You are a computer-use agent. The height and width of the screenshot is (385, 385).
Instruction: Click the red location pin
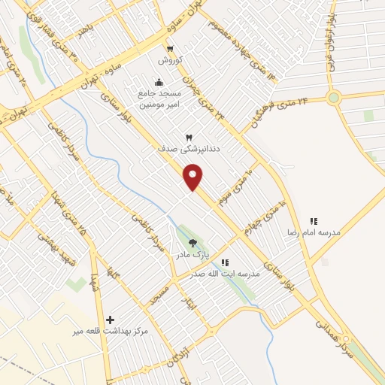[x=193, y=176]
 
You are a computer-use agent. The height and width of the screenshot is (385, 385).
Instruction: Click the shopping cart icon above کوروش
[x=173, y=44]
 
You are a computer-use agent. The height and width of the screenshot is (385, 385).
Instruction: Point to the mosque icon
[x=158, y=82]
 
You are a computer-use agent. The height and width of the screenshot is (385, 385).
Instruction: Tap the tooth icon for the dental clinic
[x=189, y=136]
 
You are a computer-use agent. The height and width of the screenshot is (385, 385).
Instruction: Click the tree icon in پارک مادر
[x=193, y=243]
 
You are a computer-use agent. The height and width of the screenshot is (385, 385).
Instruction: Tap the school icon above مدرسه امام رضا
[x=314, y=221]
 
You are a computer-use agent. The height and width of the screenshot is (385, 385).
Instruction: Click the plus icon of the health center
[x=111, y=320]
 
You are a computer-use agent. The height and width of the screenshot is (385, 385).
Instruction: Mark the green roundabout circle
[x=334, y=96]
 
